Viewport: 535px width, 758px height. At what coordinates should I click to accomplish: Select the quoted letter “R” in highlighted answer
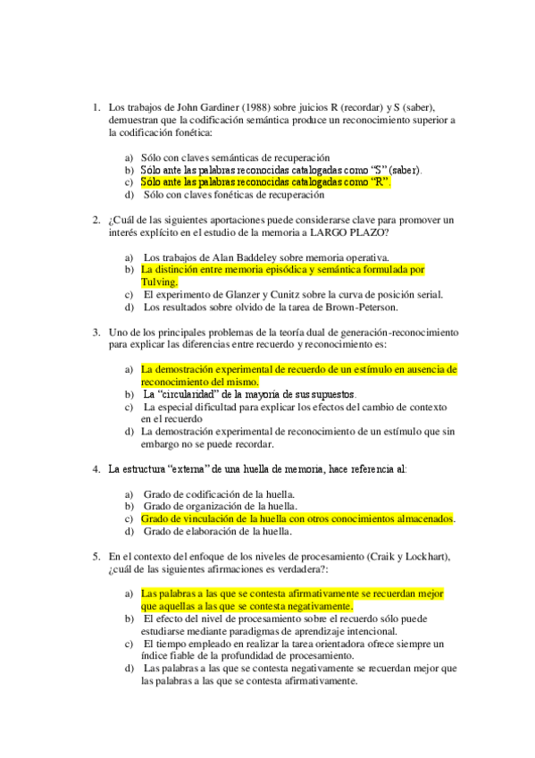point(380,181)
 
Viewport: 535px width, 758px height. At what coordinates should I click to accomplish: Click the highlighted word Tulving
point(159,282)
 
